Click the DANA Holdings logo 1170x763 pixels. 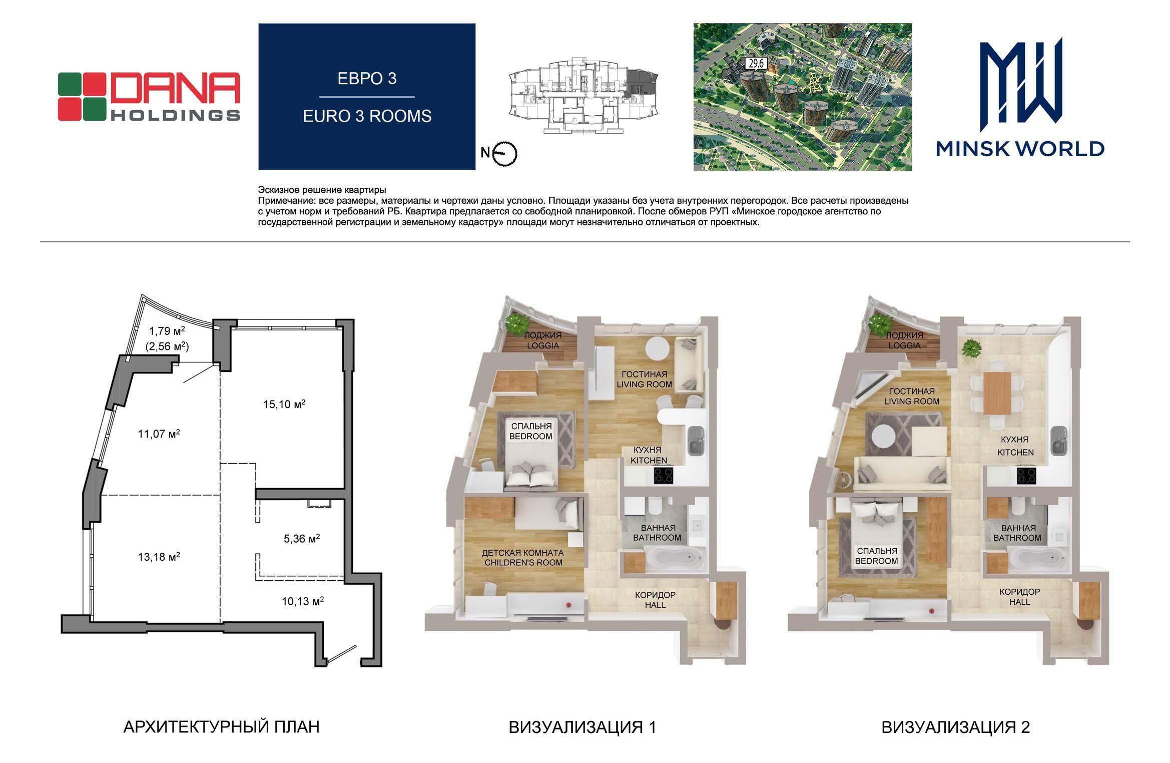149,97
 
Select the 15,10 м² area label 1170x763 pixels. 284,404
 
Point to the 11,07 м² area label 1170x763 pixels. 159,434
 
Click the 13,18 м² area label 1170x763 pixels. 159,556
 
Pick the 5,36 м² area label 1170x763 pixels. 301,538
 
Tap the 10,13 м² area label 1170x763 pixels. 302,601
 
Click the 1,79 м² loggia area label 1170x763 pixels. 167,331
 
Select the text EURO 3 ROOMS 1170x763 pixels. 367,116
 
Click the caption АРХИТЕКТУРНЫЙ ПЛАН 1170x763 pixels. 221,726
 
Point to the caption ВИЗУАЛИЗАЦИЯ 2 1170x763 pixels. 956,727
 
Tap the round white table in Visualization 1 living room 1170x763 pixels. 657,348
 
